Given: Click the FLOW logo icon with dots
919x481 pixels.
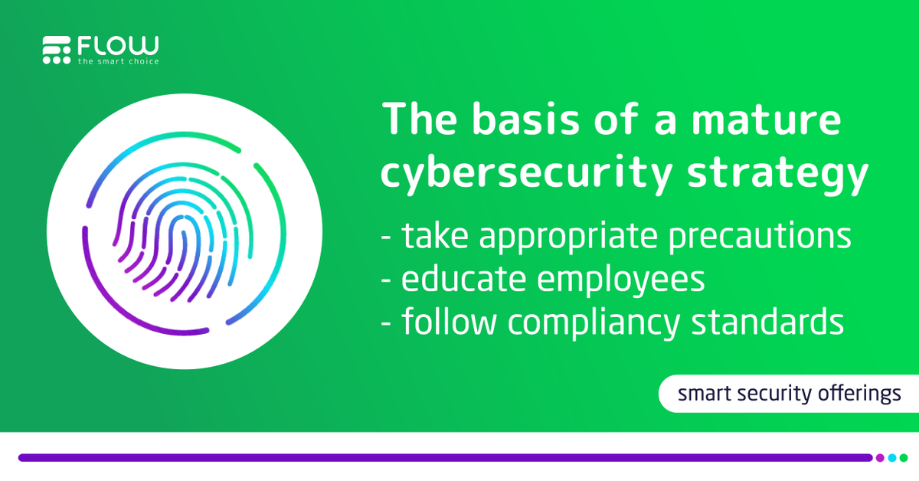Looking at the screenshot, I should tap(57, 49).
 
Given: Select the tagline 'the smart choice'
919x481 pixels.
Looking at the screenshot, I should tap(118, 61).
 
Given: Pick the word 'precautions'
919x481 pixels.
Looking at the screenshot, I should tap(766, 237).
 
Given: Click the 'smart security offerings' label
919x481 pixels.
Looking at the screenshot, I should tap(789, 394).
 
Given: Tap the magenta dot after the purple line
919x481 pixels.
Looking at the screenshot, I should tap(880, 458).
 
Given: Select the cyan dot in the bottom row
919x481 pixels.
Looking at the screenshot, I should tap(891, 458).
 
